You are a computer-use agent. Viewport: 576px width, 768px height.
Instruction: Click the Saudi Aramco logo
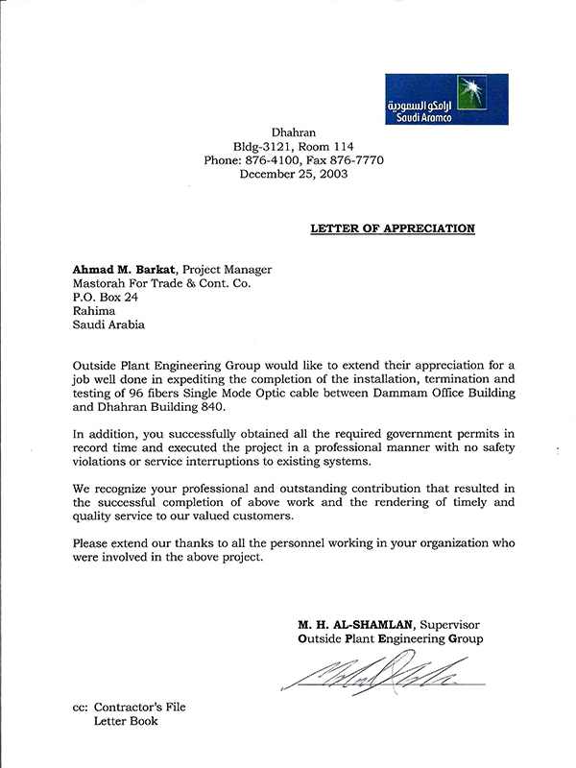coord(446,99)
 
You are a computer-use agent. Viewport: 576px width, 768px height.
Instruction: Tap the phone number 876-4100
coord(275,160)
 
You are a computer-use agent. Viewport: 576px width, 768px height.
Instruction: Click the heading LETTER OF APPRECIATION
coord(392,228)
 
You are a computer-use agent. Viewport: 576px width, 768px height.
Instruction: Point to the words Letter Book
coord(126,721)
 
